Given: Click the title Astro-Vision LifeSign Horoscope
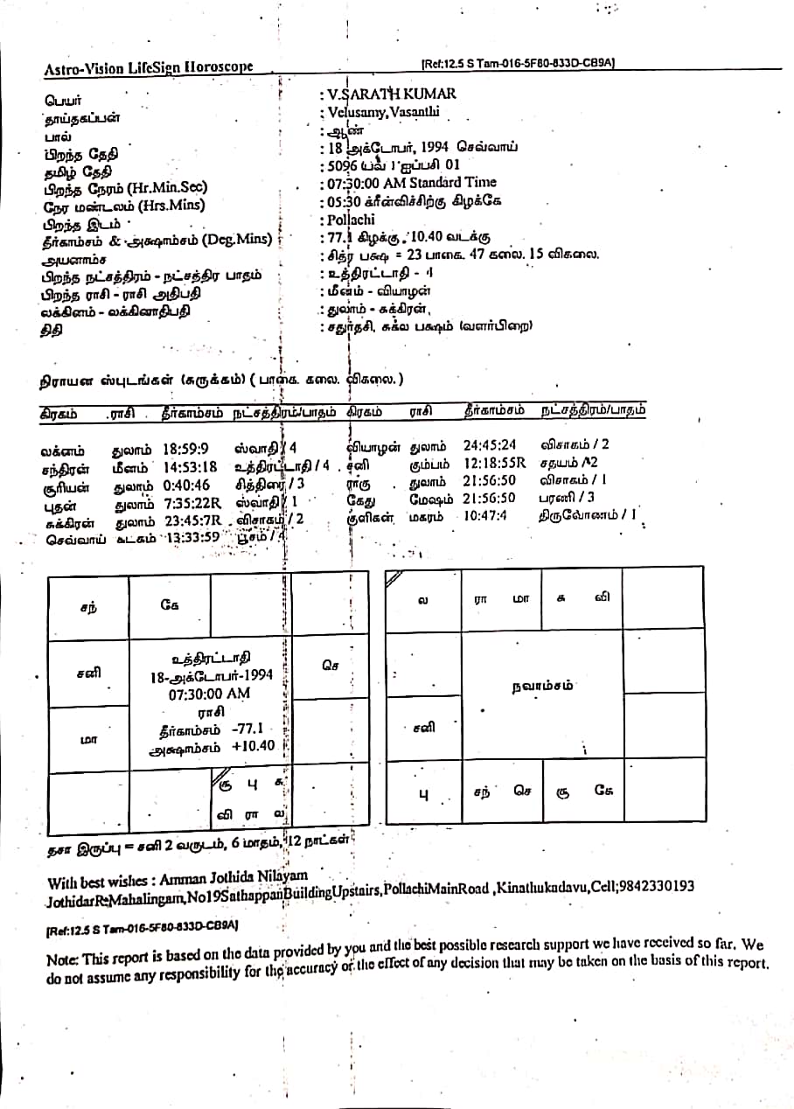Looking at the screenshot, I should coord(149,67).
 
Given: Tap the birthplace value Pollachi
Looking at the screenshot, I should coord(352,220).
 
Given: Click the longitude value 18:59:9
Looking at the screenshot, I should coord(185,450).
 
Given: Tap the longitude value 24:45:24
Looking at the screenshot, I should coord(490,445).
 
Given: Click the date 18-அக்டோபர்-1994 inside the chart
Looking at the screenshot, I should coord(212,675).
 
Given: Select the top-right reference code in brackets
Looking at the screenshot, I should coord(518,63).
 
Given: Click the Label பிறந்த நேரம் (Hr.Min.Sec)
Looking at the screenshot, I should coord(126,188).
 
